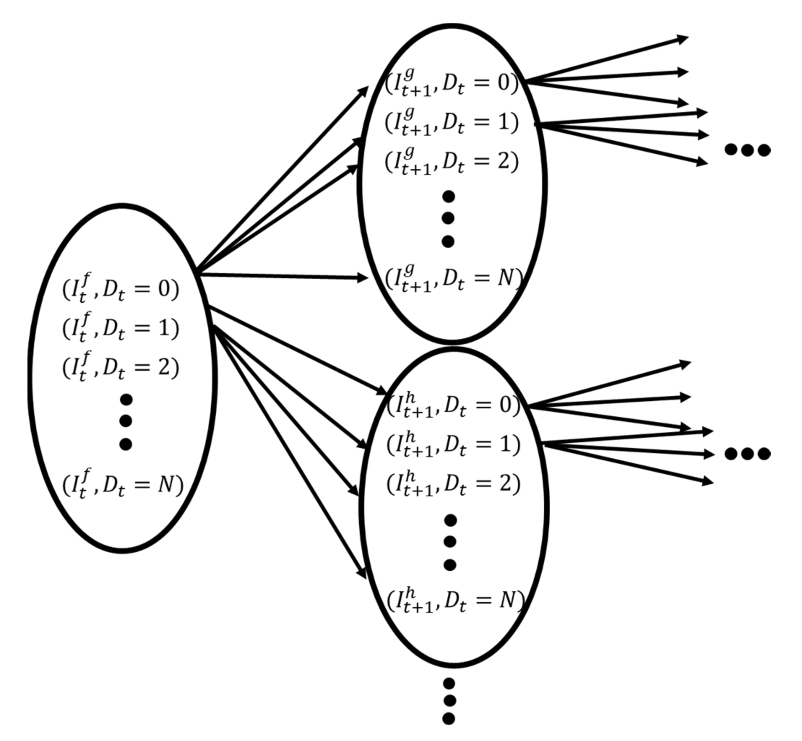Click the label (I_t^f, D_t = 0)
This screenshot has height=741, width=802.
120,288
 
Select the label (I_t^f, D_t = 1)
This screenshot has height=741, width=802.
120,328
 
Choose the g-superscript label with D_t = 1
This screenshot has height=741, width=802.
452,122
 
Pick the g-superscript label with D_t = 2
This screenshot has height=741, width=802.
452,161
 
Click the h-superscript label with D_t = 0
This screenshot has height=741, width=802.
453,405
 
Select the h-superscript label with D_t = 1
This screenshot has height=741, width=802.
453,444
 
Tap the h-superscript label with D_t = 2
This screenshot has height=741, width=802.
453,483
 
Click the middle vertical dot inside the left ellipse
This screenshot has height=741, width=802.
125,421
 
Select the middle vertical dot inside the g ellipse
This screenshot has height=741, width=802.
448,219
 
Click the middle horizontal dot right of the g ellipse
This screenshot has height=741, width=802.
747,150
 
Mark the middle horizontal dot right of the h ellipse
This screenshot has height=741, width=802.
747,454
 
